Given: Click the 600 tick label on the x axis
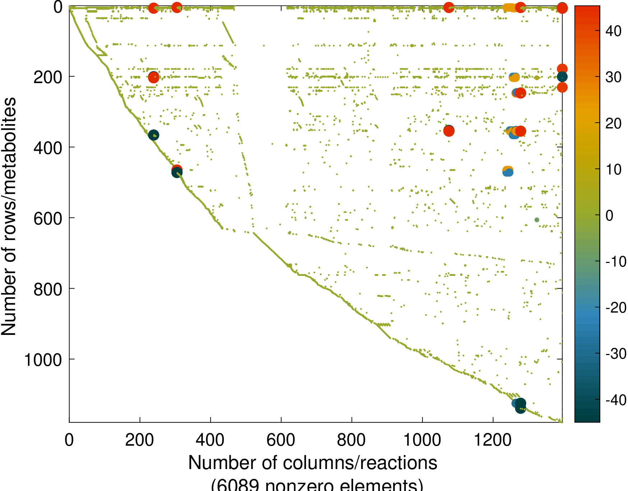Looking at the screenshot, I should pyautogui.click(x=281, y=440).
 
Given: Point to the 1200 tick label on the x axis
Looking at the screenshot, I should pyautogui.click(x=493, y=440).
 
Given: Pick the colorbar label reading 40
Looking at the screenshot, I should pyautogui.click(x=613, y=31).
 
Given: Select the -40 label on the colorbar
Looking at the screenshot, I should pyautogui.click(x=616, y=400).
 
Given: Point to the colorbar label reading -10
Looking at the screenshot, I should pyautogui.click(x=616, y=262).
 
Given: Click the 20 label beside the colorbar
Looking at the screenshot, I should pyautogui.click(x=613, y=123).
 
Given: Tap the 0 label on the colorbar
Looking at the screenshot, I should pyautogui.click(x=609, y=216).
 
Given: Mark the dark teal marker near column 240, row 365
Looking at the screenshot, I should pyautogui.click(x=153, y=135).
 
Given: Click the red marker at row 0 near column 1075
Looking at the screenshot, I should pyautogui.click(x=449, y=7).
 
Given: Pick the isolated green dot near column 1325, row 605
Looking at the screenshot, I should pyautogui.click(x=537, y=220).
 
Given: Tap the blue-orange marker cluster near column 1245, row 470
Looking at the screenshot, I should pyautogui.click(x=508, y=171).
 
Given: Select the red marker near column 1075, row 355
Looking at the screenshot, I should pyautogui.click(x=449, y=131).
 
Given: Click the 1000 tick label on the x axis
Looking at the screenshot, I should pyautogui.click(x=422, y=440).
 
